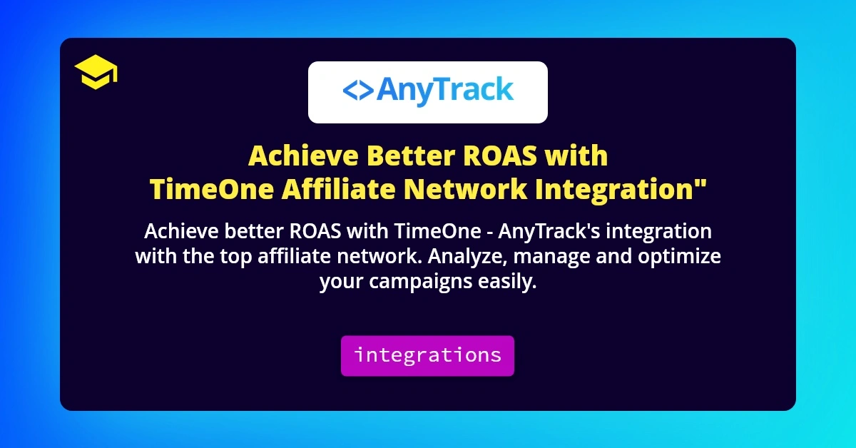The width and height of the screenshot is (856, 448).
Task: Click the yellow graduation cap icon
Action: (x=96, y=73)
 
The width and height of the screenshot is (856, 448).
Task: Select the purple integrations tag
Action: (x=427, y=355)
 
